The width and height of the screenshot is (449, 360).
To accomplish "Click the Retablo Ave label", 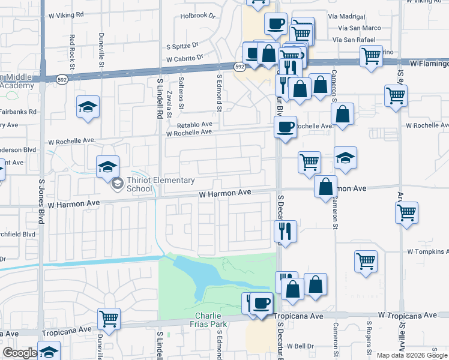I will tap(194, 125).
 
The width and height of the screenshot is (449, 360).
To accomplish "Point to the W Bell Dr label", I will tap(301, 346).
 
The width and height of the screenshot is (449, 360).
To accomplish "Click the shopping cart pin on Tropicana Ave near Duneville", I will tap(109, 319).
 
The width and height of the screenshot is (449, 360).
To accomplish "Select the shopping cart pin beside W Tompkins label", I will tap(366, 262).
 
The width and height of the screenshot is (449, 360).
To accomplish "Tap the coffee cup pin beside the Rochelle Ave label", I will tap(285, 127).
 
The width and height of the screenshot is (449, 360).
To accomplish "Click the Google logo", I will tap(19, 353).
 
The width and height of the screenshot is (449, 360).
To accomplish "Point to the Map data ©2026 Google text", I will tap(411, 355).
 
